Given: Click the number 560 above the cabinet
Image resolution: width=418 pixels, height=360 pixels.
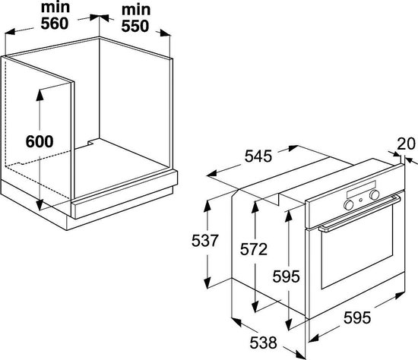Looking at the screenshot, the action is pyautogui.click(x=55, y=24).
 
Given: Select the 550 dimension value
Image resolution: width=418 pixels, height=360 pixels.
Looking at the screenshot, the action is pyautogui.click(x=135, y=26).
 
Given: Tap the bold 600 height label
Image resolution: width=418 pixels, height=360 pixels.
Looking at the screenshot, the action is pyautogui.click(x=40, y=141).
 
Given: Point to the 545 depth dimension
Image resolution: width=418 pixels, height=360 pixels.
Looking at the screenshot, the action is pyautogui.click(x=258, y=156).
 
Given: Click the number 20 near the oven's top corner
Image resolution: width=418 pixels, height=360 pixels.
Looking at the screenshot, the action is pyautogui.click(x=406, y=144).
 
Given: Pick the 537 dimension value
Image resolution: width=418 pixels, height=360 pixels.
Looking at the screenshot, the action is pyautogui.click(x=205, y=241).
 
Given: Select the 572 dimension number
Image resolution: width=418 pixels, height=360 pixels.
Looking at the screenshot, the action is pyautogui.click(x=254, y=249).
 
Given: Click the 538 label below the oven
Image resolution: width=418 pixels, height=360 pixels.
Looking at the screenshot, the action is pyautogui.click(x=264, y=343).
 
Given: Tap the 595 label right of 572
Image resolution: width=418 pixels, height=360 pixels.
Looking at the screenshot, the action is pyautogui.click(x=286, y=276).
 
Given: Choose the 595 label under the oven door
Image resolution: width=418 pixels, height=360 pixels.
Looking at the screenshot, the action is pyautogui.click(x=357, y=317).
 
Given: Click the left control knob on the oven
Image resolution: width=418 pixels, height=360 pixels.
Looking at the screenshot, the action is pyautogui.click(x=348, y=204).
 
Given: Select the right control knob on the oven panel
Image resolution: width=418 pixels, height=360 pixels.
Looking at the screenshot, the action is pyautogui.click(x=374, y=195).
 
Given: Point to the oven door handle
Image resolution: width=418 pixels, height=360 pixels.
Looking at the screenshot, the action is pyautogui.click(x=359, y=213).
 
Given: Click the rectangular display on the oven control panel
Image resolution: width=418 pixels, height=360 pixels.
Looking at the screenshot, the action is pyautogui.click(x=361, y=189).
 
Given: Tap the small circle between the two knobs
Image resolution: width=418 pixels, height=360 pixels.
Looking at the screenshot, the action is pyautogui.click(x=361, y=200).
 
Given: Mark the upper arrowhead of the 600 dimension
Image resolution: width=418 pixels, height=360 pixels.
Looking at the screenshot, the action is pyautogui.click(x=40, y=95).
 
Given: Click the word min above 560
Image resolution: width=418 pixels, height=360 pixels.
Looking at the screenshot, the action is pyautogui.click(x=55, y=7).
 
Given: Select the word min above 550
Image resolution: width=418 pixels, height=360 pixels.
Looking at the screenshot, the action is pyautogui.click(x=136, y=10).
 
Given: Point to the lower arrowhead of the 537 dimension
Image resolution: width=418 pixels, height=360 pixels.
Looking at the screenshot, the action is pyautogui.click(x=207, y=283).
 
